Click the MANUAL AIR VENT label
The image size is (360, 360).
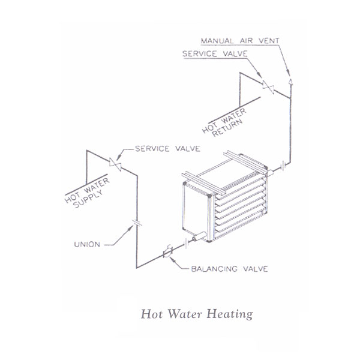(240, 41)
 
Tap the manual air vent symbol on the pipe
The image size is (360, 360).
(290, 82)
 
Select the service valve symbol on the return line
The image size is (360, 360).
(268, 87)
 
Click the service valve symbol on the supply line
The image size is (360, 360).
(115, 164)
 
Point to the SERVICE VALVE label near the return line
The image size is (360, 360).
(215, 54)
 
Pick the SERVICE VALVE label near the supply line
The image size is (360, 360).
(167, 149)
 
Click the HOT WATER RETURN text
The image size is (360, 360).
(224, 123)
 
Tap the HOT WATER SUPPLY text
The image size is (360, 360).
(87, 193)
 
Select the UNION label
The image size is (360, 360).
(87, 245)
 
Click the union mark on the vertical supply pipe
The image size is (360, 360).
(137, 222)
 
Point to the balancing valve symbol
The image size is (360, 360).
(167, 252)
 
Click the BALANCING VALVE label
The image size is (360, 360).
(229, 269)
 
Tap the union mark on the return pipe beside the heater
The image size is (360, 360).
(283, 167)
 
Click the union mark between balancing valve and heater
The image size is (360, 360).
(187, 244)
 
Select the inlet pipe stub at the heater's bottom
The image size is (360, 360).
(199, 236)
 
